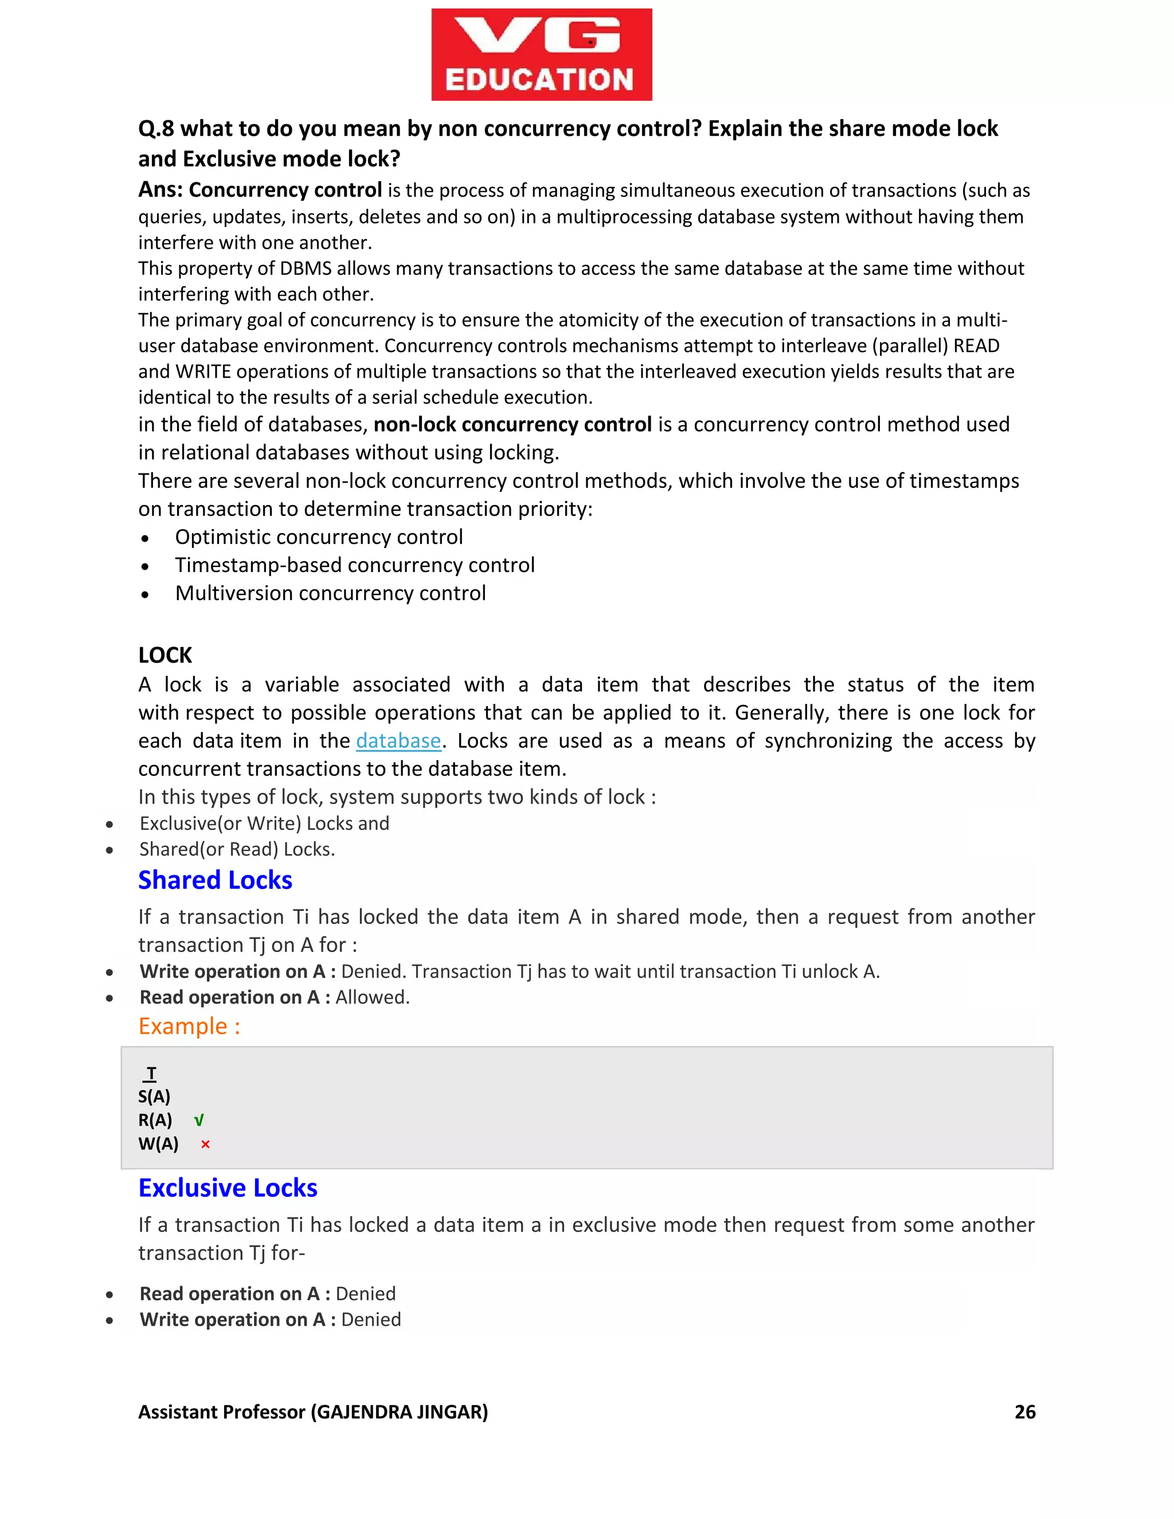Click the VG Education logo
(541, 55)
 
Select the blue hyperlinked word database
(398, 741)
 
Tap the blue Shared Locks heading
(215, 880)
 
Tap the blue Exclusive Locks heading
(228, 1188)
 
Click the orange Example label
(189, 1027)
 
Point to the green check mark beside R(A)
(199, 1121)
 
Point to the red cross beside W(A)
(205, 1144)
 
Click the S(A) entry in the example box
(154, 1097)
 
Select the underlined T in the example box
(151, 1073)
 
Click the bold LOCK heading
(165, 655)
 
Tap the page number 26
(1024, 1412)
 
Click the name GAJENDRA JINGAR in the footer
(399, 1412)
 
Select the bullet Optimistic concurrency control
(319, 537)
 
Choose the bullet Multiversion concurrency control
(330, 593)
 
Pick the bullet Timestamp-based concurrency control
(355, 565)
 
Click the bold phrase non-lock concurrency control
(512, 424)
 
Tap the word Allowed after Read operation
(371, 997)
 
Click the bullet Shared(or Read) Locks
(237, 849)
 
